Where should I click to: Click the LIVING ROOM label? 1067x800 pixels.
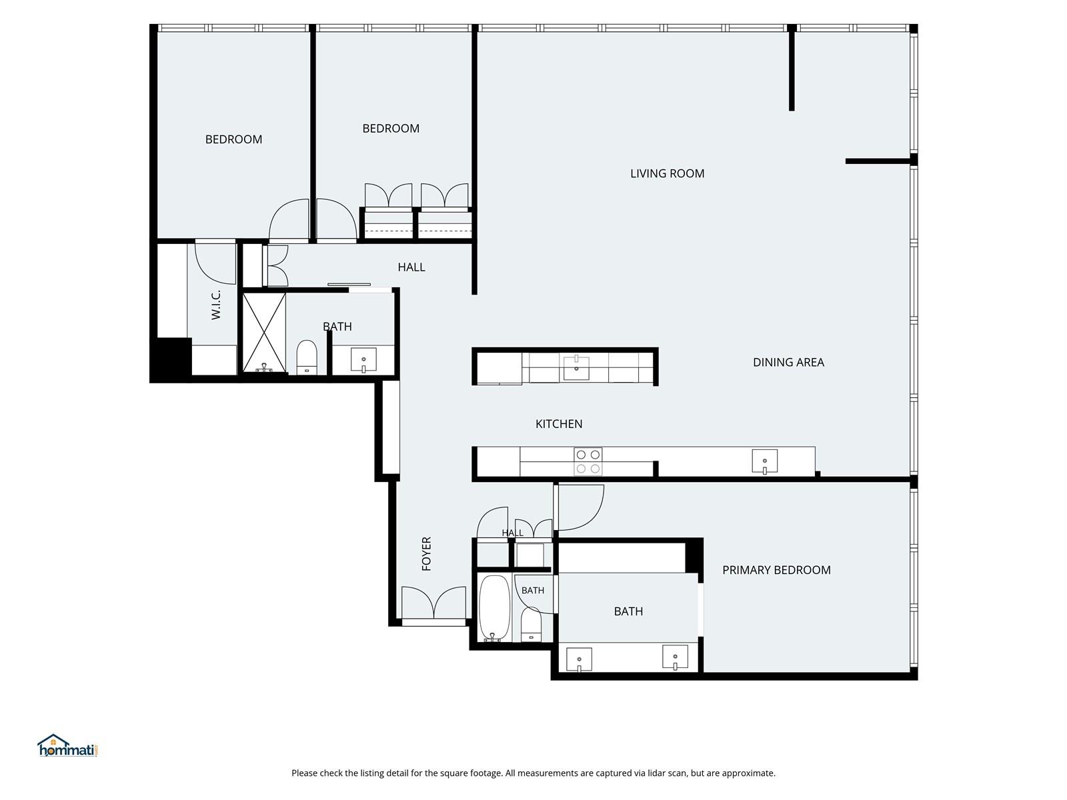click(667, 173)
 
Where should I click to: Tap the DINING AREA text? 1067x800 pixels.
click(788, 363)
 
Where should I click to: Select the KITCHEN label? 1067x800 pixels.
click(559, 424)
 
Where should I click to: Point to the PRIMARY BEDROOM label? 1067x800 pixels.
click(776, 570)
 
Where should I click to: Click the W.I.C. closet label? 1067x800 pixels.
click(216, 305)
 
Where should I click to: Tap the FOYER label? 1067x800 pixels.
click(426, 554)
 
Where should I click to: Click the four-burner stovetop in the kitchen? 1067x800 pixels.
click(588, 461)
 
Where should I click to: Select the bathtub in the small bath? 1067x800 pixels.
click(494, 608)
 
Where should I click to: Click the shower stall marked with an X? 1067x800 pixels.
click(264, 333)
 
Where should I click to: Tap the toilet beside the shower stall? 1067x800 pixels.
click(307, 357)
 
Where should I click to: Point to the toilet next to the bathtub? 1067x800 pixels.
click(531, 624)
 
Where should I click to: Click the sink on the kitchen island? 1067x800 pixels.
click(576, 367)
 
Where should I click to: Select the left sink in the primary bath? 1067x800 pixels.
click(579, 659)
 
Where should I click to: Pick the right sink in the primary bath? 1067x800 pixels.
click(675, 657)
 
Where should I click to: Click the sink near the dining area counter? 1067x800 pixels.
click(765, 461)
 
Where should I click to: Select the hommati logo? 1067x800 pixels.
click(68, 745)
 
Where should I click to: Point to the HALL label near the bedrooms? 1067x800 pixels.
click(411, 267)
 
